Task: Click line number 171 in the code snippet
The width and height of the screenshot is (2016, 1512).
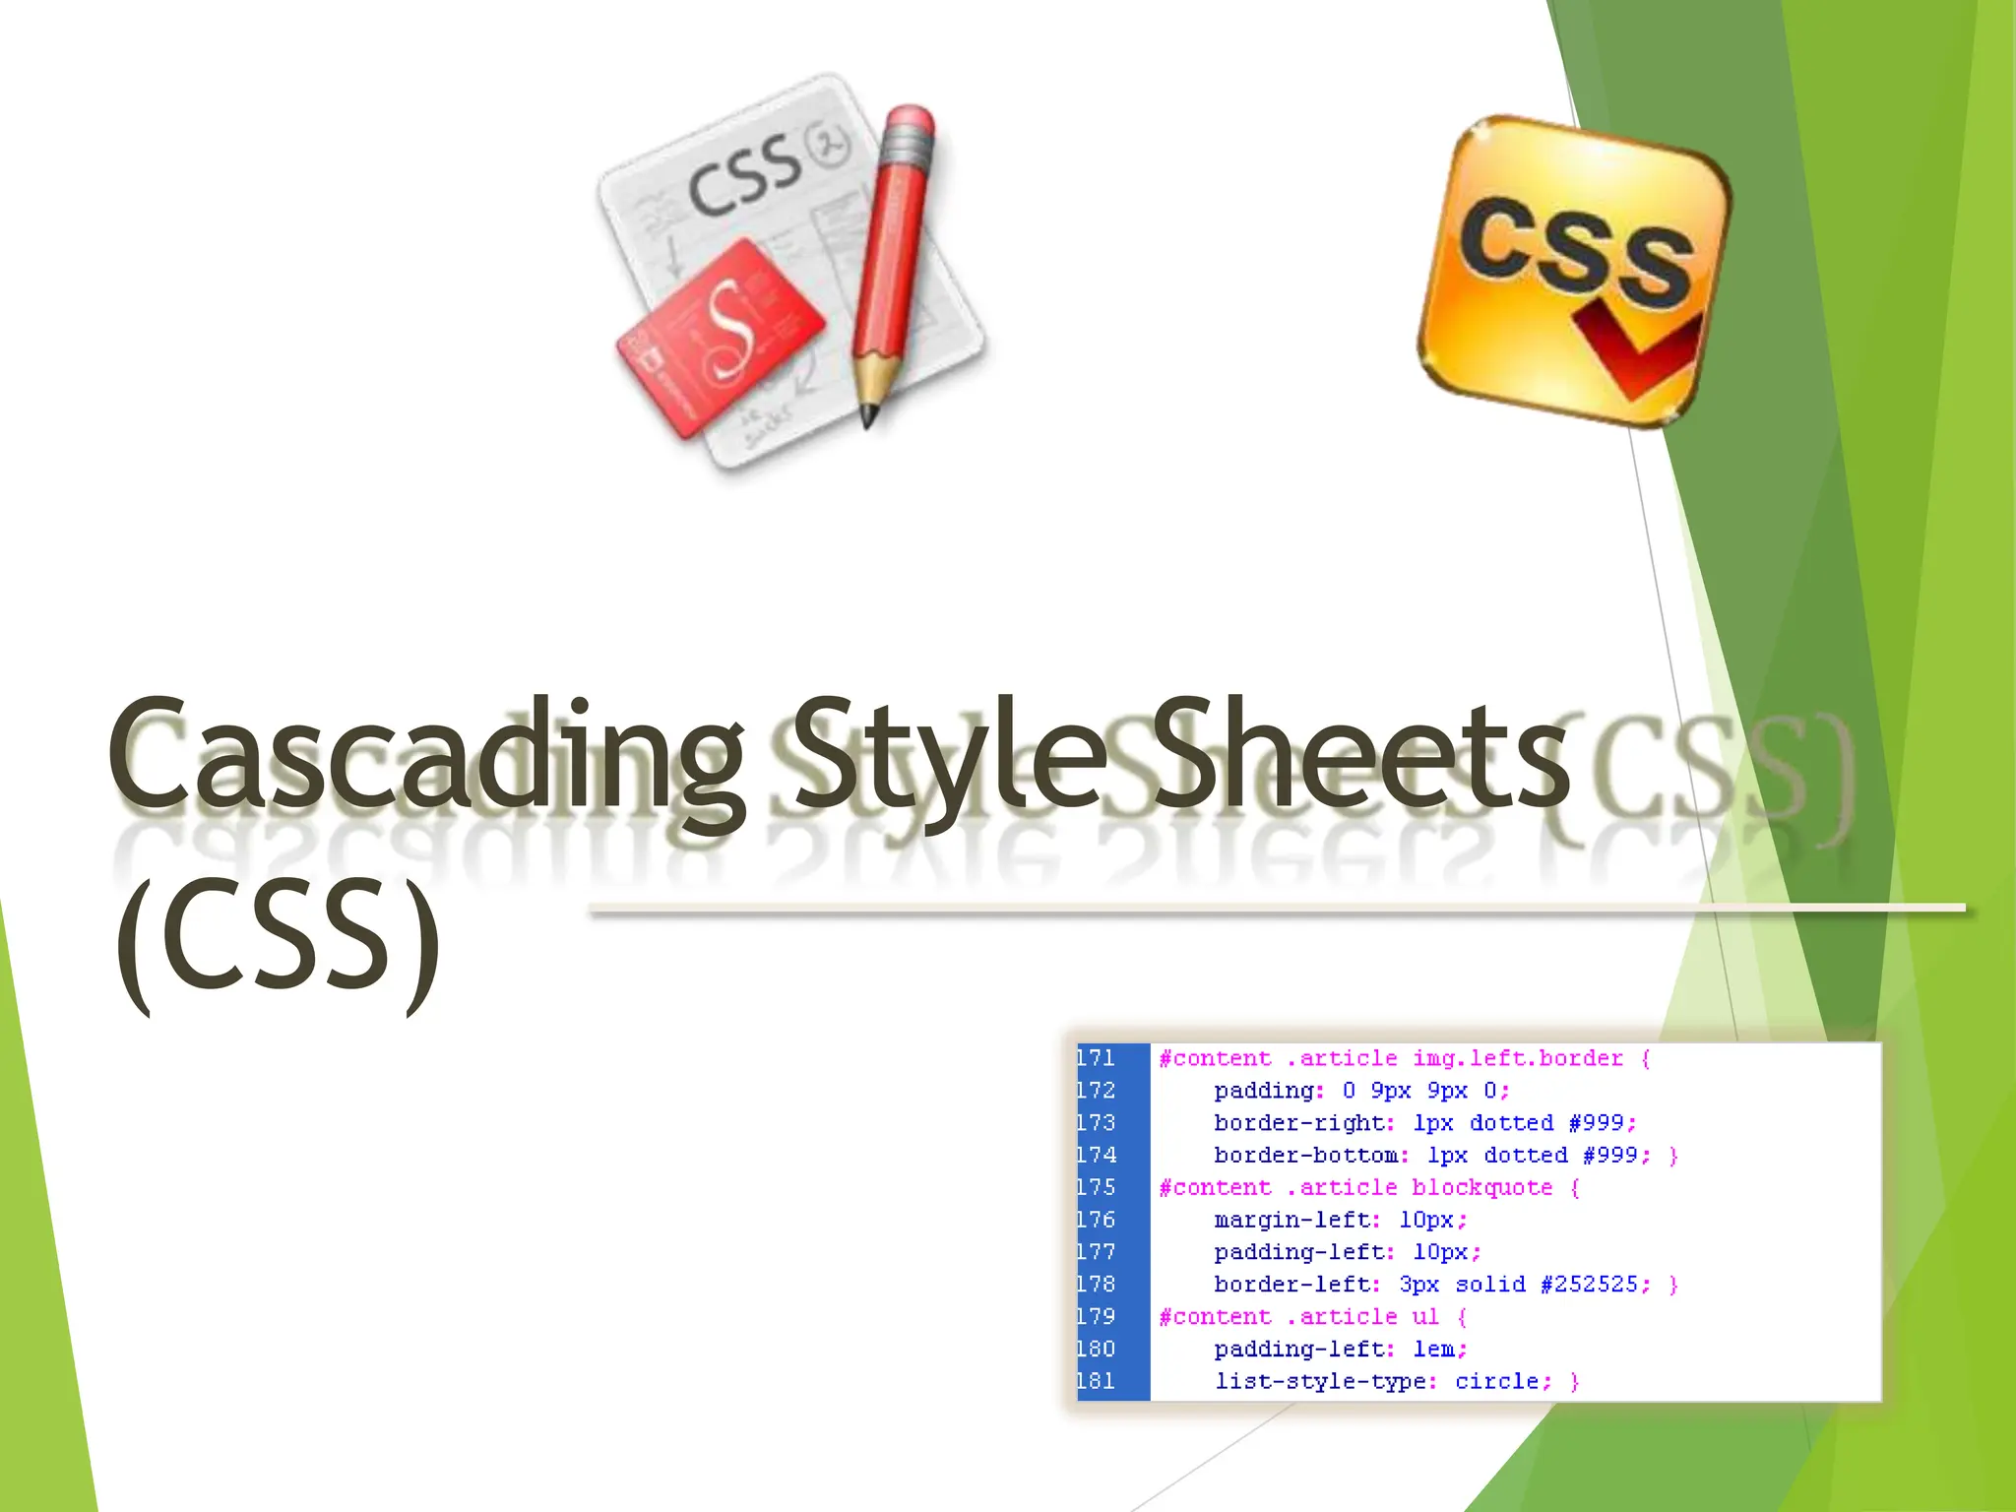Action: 1096,1058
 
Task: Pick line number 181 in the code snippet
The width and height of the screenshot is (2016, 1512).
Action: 1096,1381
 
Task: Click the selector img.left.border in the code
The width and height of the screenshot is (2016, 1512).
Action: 1517,1058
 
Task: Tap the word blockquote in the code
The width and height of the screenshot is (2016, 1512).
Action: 1481,1187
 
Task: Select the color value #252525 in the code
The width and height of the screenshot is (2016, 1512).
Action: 1595,1285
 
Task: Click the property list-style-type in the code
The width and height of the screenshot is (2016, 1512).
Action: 1324,1381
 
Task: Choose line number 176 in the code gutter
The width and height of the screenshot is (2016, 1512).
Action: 1096,1220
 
